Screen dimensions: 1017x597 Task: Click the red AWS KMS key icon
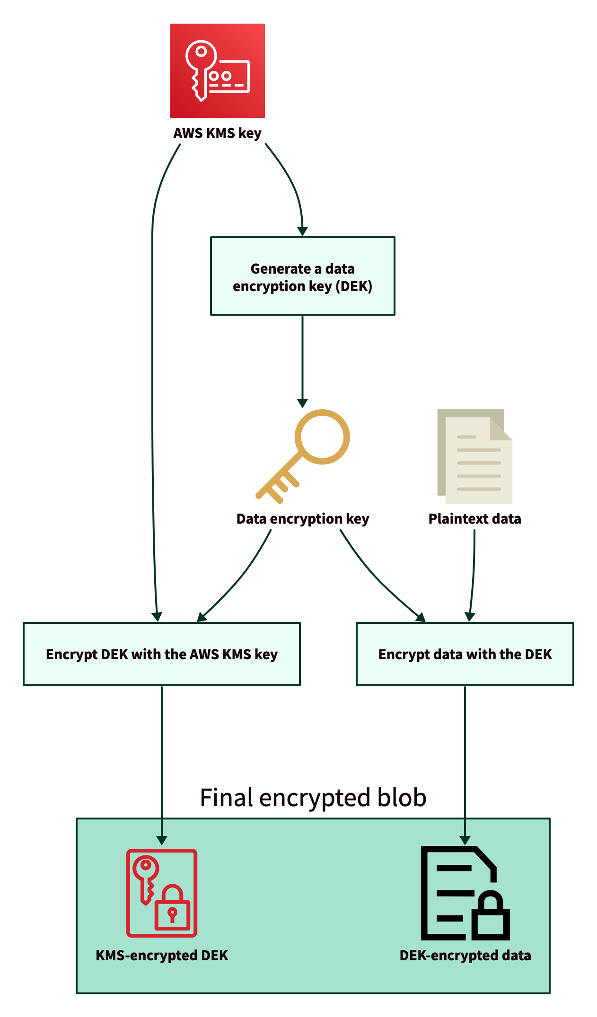click(x=218, y=71)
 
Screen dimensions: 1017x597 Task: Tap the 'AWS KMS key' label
click(x=217, y=133)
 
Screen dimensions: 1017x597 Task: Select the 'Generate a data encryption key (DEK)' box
click(x=303, y=276)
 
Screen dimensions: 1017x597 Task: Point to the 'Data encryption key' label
click(x=303, y=519)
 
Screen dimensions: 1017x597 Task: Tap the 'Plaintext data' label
click(x=474, y=519)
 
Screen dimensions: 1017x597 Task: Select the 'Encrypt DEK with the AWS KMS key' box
click(x=162, y=654)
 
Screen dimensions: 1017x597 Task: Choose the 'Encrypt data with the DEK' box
click(x=465, y=654)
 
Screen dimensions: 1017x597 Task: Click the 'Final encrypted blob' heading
click(x=313, y=798)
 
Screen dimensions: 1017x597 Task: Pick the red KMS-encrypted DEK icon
click(x=162, y=893)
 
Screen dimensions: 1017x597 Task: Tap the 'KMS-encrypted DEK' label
click(x=162, y=956)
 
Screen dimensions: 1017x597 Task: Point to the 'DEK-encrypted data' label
click(x=465, y=956)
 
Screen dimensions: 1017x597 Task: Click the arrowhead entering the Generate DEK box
click(x=303, y=231)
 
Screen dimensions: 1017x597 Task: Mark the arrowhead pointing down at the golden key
click(x=303, y=403)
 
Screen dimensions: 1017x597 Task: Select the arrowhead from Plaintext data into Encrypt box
click(x=470, y=617)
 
